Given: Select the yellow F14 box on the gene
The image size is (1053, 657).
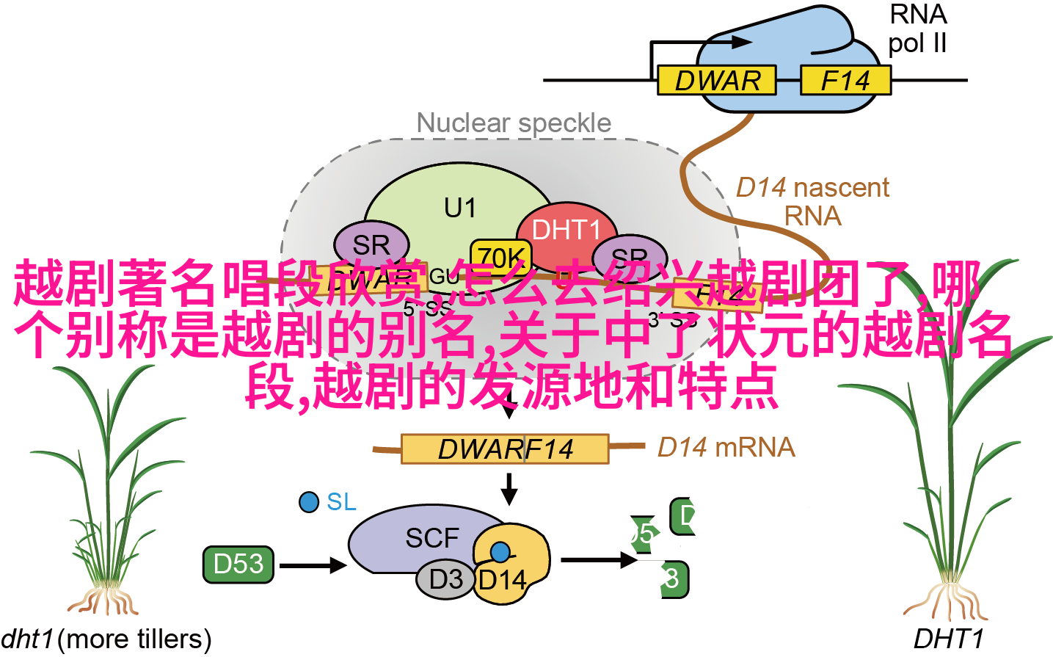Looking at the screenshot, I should tap(845, 80).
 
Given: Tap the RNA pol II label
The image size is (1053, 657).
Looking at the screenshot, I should tap(917, 29).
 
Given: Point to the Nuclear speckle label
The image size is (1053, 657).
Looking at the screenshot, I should tap(514, 123).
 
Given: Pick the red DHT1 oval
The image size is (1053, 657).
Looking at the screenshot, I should tap(566, 230).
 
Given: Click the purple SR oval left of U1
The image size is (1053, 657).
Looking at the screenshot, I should tap(371, 244).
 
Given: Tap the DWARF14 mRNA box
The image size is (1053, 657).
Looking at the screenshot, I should tap(505, 449).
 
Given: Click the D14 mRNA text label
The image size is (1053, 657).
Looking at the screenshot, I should tap(726, 447).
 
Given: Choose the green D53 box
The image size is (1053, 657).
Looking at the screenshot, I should tap(238, 564).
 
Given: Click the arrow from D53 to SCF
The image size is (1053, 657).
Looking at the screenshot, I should tap(313, 565).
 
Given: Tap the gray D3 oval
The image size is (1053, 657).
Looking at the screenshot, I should tap(445, 579).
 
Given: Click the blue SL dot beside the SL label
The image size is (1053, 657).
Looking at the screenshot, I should tap(309, 502).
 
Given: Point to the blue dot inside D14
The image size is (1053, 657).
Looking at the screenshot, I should tap(500, 551).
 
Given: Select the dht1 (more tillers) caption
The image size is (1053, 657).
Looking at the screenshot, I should tap(106, 639).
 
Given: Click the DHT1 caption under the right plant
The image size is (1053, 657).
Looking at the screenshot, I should tap(947, 639).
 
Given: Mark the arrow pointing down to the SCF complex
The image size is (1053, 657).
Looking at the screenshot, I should tap(509, 488).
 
